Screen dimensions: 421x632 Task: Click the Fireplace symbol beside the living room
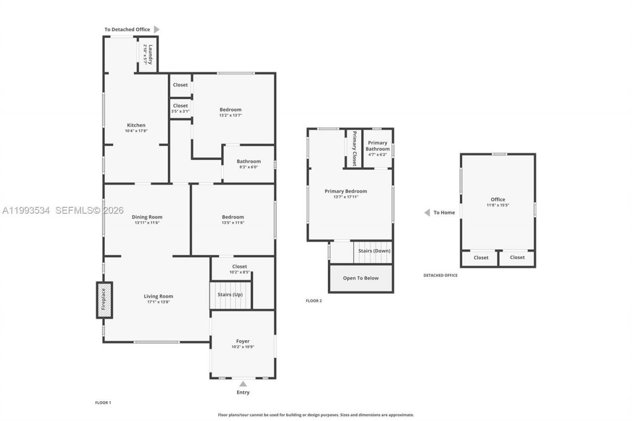pyautogui.click(x=104, y=300)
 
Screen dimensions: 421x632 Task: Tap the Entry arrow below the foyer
pyautogui.click(x=242, y=383)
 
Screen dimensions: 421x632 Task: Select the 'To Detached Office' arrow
pyautogui.click(x=157, y=30)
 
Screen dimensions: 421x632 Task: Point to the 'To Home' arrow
pyautogui.click(x=427, y=213)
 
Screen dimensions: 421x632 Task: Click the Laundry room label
pyautogui.click(x=148, y=54)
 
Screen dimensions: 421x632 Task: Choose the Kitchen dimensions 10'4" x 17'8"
pyautogui.click(x=136, y=131)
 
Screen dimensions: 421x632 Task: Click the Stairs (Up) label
pyautogui.click(x=230, y=295)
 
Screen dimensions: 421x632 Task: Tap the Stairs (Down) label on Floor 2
pyautogui.click(x=374, y=251)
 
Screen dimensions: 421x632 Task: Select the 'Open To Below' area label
pyautogui.click(x=361, y=278)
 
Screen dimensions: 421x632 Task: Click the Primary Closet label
pyautogui.click(x=354, y=149)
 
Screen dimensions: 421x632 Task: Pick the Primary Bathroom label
pyautogui.click(x=378, y=146)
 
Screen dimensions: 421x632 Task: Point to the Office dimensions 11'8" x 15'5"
pyautogui.click(x=498, y=205)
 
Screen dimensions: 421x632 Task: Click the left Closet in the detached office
pyautogui.click(x=481, y=258)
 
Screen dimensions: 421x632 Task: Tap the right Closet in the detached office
pyautogui.click(x=517, y=258)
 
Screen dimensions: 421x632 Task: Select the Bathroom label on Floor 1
pyautogui.click(x=248, y=161)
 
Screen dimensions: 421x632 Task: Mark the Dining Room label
pyautogui.click(x=147, y=217)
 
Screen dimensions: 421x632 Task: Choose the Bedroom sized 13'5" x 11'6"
pyautogui.click(x=233, y=220)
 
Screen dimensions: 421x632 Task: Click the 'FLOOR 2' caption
pyautogui.click(x=314, y=301)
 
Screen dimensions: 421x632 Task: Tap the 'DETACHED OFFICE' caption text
pyautogui.click(x=440, y=275)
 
